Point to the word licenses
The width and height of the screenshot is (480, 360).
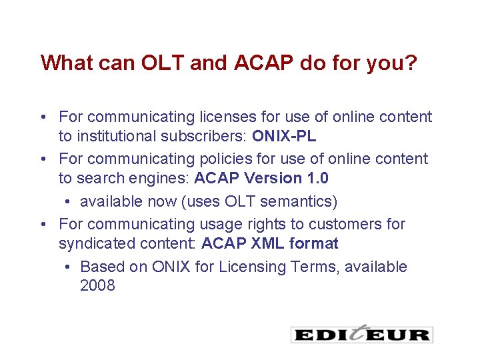tap(229, 117)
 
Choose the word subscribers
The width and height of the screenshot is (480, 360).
tap(209, 137)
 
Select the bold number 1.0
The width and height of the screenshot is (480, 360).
tap(316, 178)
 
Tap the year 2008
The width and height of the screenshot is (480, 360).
tap(97, 286)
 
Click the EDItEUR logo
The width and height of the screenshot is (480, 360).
tap(361, 334)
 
